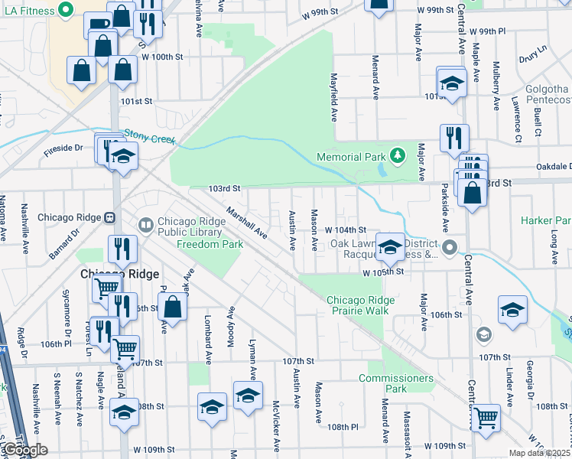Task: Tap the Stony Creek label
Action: click(x=150, y=136)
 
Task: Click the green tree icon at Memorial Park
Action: click(x=397, y=157)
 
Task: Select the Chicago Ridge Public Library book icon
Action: click(x=145, y=225)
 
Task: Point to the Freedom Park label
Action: click(x=210, y=245)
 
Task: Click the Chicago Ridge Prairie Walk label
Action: click(x=358, y=304)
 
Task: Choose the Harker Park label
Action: click(x=546, y=220)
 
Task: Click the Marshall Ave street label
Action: click(x=245, y=222)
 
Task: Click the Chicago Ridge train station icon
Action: click(x=109, y=217)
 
